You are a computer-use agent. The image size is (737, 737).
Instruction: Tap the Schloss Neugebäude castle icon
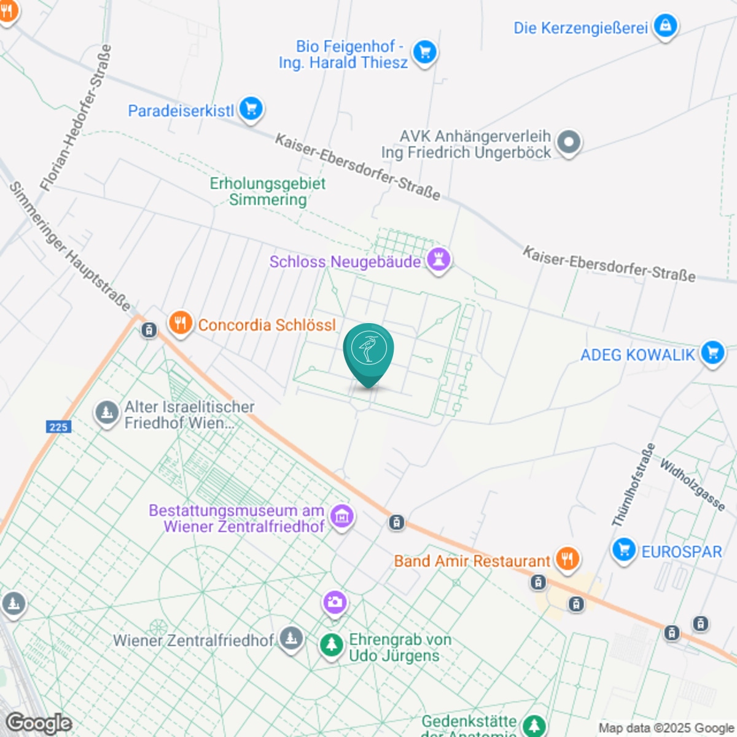pyautogui.click(x=439, y=259)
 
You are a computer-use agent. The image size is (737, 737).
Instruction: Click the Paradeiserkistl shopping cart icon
pyautogui.click(x=251, y=109)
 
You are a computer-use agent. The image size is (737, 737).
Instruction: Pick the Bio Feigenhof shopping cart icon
pyautogui.click(x=424, y=52)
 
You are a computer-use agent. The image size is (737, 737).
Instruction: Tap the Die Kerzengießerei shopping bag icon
pyautogui.click(x=665, y=26)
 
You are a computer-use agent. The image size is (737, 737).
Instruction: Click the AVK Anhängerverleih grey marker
pyautogui.click(x=569, y=142)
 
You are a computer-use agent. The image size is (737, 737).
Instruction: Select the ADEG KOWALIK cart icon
pyautogui.click(x=712, y=353)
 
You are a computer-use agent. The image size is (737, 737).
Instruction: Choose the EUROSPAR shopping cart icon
pyautogui.click(x=624, y=550)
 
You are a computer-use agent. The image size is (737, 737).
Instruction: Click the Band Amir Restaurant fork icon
pyautogui.click(x=567, y=559)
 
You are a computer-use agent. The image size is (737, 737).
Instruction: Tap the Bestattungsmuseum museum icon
pyautogui.click(x=342, y=516)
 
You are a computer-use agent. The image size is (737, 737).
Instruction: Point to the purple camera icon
pyautogui.click(x=335, y=602)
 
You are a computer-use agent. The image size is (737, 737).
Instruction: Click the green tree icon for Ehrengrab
pyautogui.click(x=332, y=645)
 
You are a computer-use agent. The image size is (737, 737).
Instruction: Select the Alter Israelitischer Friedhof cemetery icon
pyautogui.click(x=107, y=412)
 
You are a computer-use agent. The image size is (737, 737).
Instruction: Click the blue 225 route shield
pyautogui.click(x=58, y=427)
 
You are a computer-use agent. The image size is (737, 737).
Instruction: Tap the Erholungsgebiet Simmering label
pyautogui.click(x=268, y=191)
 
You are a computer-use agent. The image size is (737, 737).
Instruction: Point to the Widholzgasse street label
pyautogui.click(x=692, y=485)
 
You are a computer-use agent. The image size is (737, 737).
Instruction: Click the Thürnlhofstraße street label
pyautogui.click(x=633, y=485)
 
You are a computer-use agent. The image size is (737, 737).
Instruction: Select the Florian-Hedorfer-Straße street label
pyautogui.click(x=76, y=117)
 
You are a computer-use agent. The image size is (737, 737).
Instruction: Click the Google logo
pyautogui.click(x=39, y=723)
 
